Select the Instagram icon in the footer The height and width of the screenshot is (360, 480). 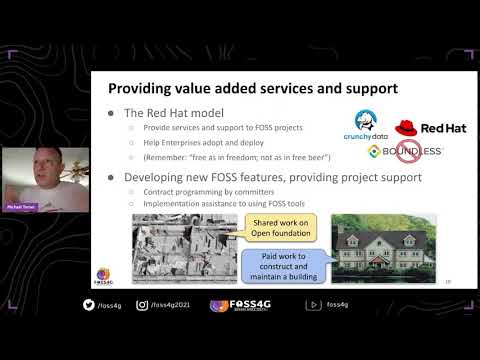click(x=140, y=304)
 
